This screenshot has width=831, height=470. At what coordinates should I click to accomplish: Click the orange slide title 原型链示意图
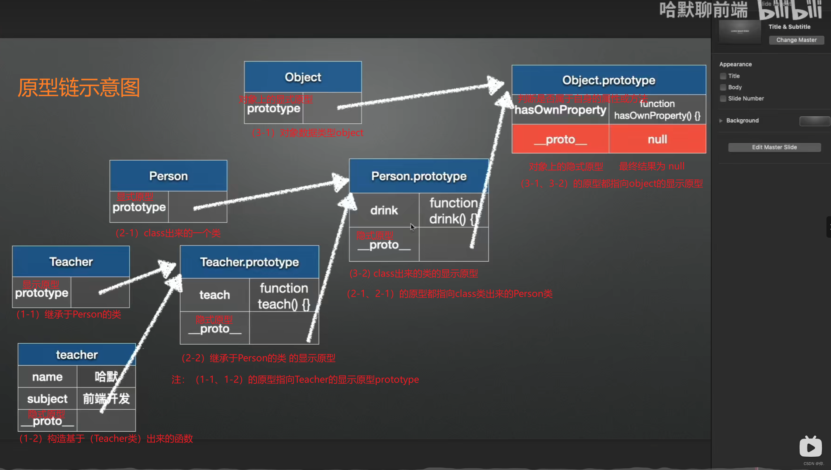click(x=79, y=88)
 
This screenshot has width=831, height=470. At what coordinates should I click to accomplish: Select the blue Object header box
click(x=303, y=77)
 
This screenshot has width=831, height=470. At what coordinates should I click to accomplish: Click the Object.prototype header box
click(x=608, y=80)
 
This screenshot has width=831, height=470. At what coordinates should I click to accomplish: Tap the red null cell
click(x=657, y=139)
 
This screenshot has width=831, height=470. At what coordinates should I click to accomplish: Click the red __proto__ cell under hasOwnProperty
click(x=560, y=139)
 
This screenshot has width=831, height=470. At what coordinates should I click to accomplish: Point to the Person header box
click(x=168, y=176)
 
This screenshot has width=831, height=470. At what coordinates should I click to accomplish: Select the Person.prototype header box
click(x=418, y=176)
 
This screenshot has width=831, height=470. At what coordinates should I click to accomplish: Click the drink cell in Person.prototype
click(x=384, y=210)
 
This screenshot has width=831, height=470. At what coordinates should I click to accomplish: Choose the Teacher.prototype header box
click(x=249, y=262)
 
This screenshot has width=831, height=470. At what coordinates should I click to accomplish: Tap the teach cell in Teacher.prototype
click(x=214, y=295)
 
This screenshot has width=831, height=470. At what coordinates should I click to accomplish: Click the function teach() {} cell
click(x=284, y=296)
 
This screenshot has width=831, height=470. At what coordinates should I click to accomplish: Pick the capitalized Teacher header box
click(x=71, y=262)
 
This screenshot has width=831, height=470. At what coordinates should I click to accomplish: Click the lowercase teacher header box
click(x=77, y=355)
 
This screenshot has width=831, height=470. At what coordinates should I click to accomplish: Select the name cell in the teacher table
click(x=47, y=377)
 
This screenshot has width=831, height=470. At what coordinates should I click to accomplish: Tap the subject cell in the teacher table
click(x=47, y=399)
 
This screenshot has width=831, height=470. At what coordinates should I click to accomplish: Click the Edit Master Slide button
click(x=774, y=147)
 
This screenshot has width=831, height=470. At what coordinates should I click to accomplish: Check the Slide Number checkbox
click(x=723, y=99)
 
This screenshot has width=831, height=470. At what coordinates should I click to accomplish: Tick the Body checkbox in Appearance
click(x=723, y=87)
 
